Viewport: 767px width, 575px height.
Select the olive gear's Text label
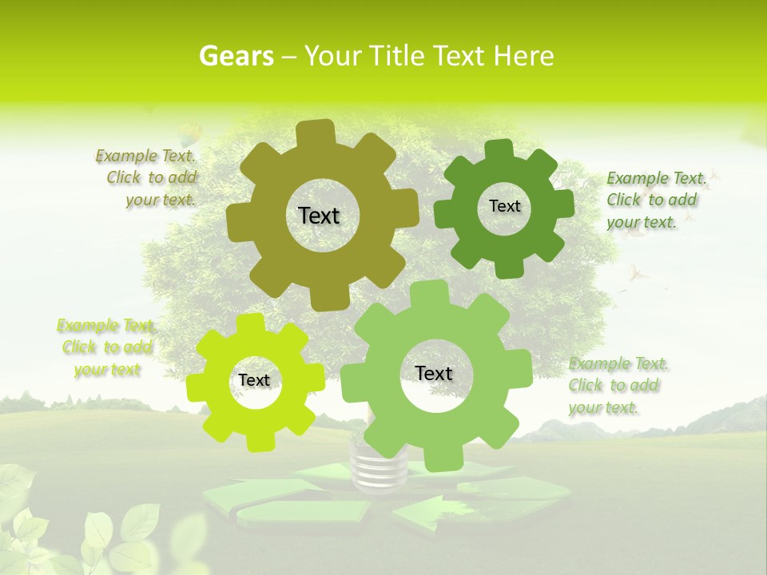[319, 216]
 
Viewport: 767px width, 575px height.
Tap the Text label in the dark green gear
[504, 206]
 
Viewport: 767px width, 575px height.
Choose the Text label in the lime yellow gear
[254, 381]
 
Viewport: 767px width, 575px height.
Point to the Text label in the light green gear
[434, 374]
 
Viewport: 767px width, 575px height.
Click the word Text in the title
[459, 56]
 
